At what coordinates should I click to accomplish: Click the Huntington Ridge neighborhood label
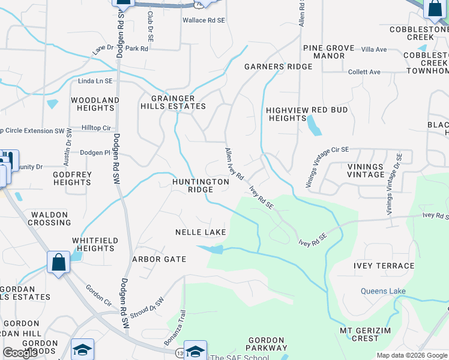point(200,185)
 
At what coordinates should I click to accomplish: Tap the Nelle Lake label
point(200,232)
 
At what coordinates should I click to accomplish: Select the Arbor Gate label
point(159,259)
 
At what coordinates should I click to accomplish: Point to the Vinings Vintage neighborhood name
point(366,170)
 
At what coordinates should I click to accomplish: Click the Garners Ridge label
point(278,67)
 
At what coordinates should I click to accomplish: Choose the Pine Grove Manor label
point(324,52)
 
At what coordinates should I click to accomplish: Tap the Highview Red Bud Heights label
point(307,114)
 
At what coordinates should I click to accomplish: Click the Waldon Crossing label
point(51,218)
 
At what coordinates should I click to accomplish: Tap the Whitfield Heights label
point(93,244)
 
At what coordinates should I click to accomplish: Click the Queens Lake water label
point(383,292)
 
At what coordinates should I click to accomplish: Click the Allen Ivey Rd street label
point(234,164)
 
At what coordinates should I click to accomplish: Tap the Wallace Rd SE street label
point(203,20)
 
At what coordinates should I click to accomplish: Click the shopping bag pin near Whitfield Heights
point(58,262)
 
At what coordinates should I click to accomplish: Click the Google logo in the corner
point(20,353)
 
